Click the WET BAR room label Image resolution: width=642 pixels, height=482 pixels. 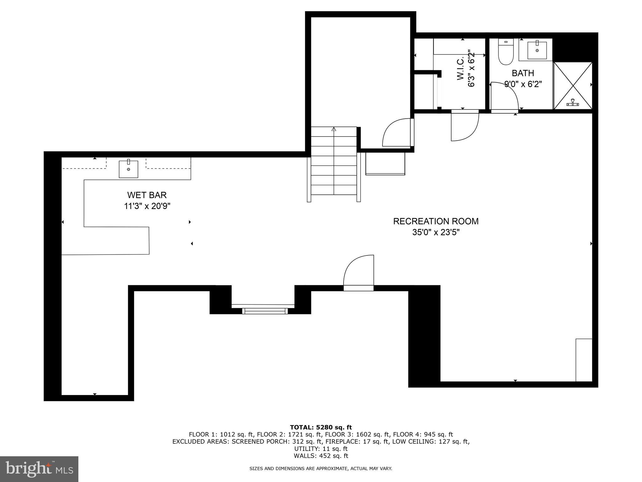coord(147,195)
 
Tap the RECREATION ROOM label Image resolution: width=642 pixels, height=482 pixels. coord(436,221)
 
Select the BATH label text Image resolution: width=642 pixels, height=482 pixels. coord(523,73)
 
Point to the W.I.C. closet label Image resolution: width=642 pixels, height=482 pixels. coord(460,69)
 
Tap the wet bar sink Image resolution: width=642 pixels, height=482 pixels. coord(129,169)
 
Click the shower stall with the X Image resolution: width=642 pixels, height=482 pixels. coord(573,86)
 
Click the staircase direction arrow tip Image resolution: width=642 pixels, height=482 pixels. coord(334,129)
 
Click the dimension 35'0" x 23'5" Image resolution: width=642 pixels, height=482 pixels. coord(436,233)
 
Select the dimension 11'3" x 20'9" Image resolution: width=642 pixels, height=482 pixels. coord(147,206)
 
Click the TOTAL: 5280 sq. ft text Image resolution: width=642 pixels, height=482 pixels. coord(321,427)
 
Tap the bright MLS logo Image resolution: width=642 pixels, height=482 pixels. coord(39,469)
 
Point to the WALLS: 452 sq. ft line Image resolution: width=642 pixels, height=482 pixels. coord(321,456)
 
